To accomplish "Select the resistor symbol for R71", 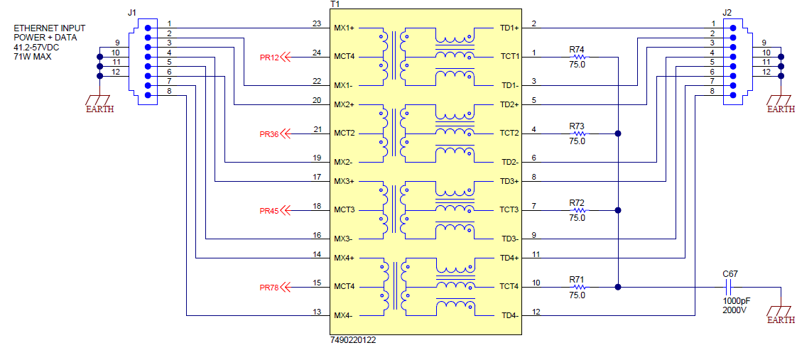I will [x=578, y=287].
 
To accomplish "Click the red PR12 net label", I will [x=270, y=57].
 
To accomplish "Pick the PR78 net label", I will [x=270, y=288].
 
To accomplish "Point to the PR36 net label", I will [x=270, y=133].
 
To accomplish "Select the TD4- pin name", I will [x=509, y=315].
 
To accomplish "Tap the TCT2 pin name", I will [x=509, y=133].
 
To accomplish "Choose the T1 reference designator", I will [x=335, y=4].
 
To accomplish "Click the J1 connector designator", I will [x=132, y=12].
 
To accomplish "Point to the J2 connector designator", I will [x=727, y=12].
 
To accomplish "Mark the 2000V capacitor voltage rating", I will [x=734, y=310].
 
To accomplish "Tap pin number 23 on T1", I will [x=317, y=23].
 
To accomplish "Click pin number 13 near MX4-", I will [x=317, y=311].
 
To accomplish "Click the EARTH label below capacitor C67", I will [x=781, y=320].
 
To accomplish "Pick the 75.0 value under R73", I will [x=577, y=141].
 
